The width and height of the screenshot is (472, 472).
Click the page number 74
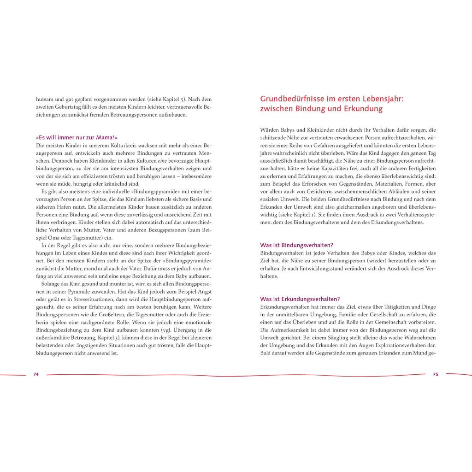tap(36, 374)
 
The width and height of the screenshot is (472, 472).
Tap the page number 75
tap(436, 374)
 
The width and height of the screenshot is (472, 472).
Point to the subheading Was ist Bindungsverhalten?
tap(297, 245)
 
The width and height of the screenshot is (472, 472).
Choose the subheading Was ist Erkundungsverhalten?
tap(300, 299)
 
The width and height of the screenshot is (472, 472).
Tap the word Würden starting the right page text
tap(271, 130)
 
